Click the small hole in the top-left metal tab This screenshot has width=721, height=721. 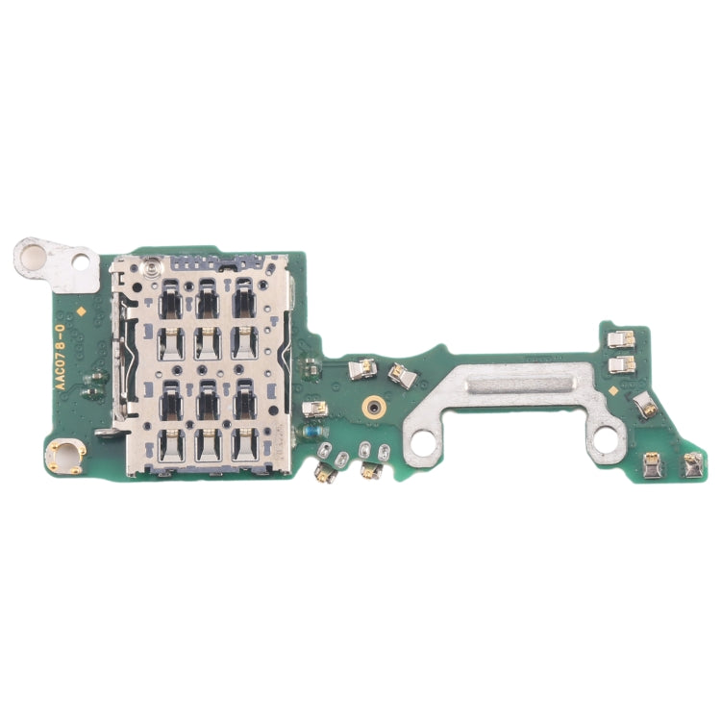point(81,259)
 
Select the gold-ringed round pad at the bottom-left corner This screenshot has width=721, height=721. point(65,454)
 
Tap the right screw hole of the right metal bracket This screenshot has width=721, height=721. point(606,440)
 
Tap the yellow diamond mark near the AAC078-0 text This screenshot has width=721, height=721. point(87,311)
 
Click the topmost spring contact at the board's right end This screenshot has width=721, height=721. point(621,339)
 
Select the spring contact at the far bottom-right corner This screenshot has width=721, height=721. point(690,466)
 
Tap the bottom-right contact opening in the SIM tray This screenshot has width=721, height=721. point(243,444)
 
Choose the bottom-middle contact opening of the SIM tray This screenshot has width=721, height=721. point(208,444)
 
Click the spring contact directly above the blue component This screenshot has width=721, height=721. point(313,410)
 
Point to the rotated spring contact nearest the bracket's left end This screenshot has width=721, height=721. point(402,376)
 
